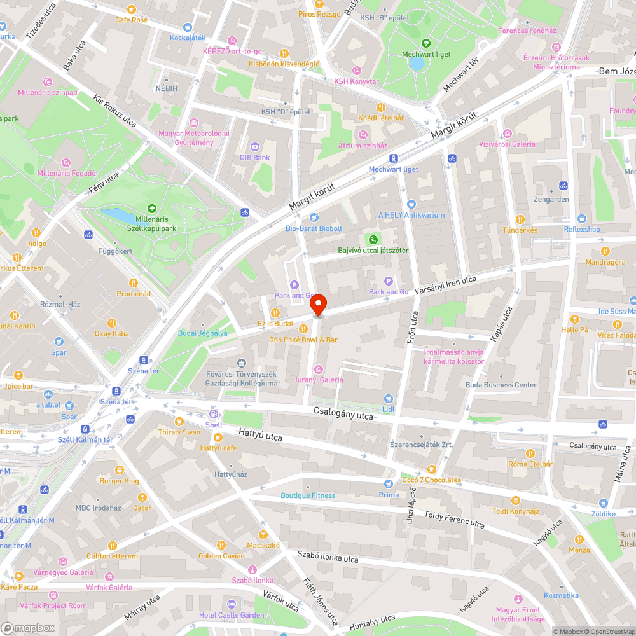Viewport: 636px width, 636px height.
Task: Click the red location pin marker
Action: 319,305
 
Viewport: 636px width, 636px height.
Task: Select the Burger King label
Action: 119,481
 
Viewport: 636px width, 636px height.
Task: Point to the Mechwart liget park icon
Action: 425,43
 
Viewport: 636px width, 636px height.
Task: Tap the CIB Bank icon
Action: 254,146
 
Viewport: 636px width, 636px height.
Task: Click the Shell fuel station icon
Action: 214,414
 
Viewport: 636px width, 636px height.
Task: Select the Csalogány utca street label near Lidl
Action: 343,413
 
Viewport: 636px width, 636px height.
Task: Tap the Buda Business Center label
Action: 501,385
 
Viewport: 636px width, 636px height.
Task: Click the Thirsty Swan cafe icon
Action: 179,422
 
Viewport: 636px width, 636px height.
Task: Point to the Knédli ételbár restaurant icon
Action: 381,107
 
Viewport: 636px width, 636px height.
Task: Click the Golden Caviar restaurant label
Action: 221,556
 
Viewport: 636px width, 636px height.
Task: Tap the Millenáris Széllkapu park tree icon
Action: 151,208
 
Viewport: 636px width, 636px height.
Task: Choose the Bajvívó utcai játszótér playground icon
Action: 373,239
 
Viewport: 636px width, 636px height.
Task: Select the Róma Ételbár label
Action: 530,464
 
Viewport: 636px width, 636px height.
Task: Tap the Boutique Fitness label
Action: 308,495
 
